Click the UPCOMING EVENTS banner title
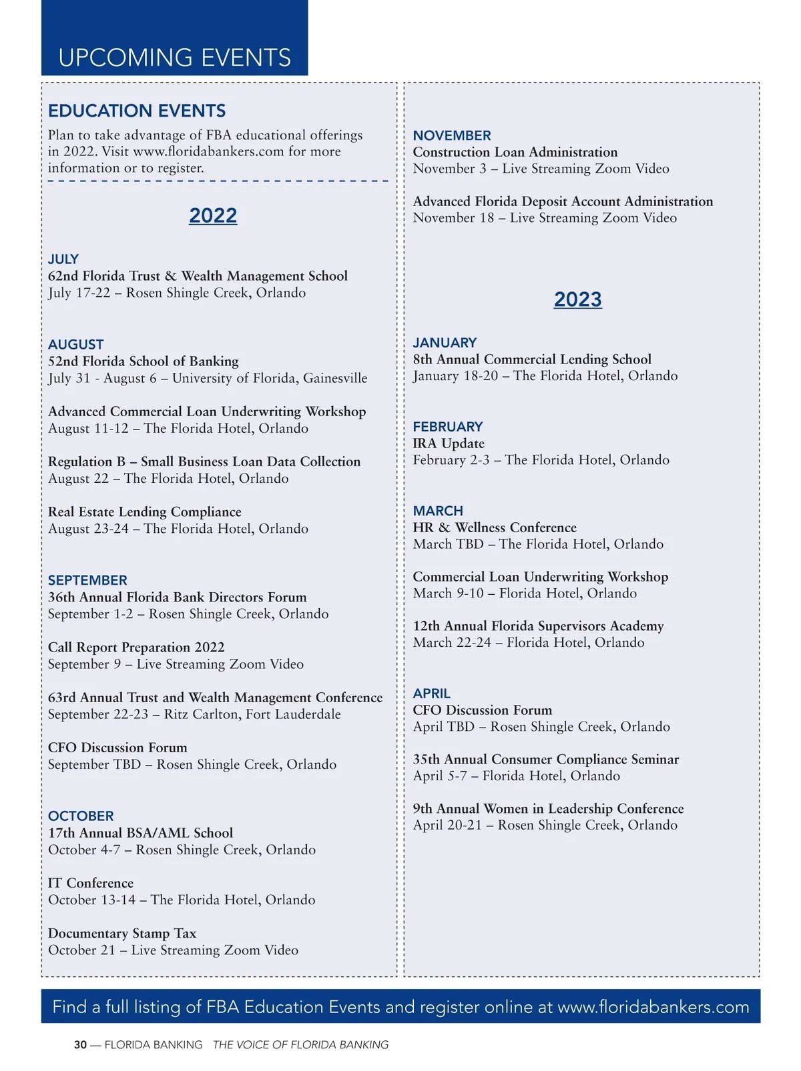(x=174, y=57)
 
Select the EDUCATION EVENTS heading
(x=137, y=111)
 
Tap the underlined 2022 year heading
(x=213, y=215)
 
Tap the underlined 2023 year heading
(x=577, y=299)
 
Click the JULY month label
(x=63, y=259)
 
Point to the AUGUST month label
(x=75, y=344)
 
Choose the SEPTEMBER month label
(x=87, y=580)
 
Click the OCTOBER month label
(x=81, y=816)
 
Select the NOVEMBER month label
(x=452, y=135)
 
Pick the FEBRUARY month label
(x=447, y=427)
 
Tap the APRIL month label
(x=431, y=694)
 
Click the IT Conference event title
(x=91, y=883)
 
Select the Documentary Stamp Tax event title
(x=122, y=933)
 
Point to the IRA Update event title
(x=449, y=443)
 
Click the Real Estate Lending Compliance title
(x=145, y=511)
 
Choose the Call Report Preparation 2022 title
(x=136, y=647)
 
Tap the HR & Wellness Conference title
(x=495, y=527)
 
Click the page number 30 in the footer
(x=80, y=1045)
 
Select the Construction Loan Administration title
(x=515, y=152)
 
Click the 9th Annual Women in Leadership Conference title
(x=548, y=808)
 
